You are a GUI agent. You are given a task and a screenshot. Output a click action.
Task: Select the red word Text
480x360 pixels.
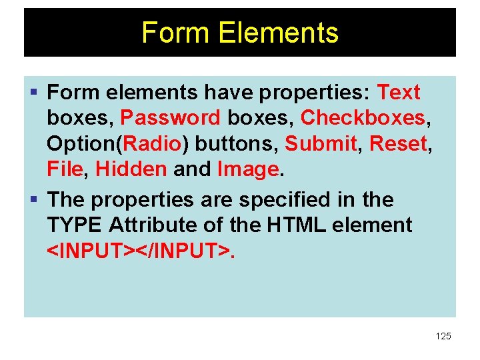(399, 92)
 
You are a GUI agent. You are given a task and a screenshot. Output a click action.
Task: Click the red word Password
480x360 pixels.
(170, 117)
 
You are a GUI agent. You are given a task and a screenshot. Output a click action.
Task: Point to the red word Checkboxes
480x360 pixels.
(363, 117)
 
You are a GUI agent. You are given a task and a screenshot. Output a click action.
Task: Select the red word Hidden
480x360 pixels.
(131, 169)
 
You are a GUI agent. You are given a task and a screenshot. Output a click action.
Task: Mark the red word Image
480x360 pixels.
(247, 169)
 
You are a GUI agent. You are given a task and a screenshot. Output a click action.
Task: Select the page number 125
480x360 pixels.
(443, 336)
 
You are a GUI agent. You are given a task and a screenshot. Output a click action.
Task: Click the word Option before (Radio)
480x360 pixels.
(81, 143)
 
